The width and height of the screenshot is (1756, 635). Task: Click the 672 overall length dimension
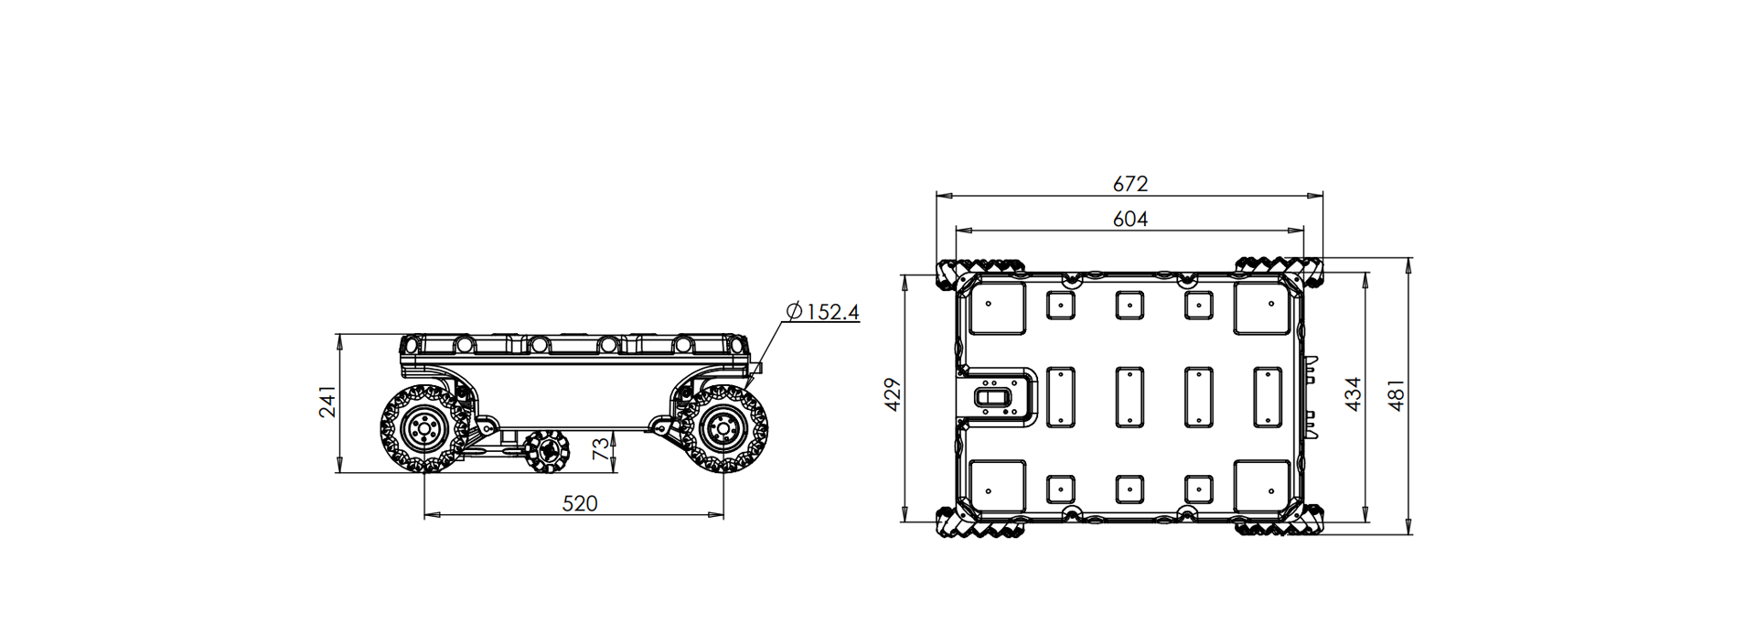[x=1130, y=184]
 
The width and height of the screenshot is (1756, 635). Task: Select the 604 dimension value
[x=1130, y=220]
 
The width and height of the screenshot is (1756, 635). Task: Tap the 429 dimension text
[x=894, y=393]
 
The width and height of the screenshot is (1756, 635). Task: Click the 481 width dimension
[x=1396, y=395]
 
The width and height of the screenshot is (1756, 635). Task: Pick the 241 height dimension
[x=327, y=402]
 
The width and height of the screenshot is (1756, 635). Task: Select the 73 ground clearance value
[x=600, y=448]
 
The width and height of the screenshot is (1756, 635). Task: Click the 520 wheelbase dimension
[x=579, y=504]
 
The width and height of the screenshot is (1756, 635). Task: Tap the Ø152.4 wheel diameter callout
[x=822, y=312]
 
